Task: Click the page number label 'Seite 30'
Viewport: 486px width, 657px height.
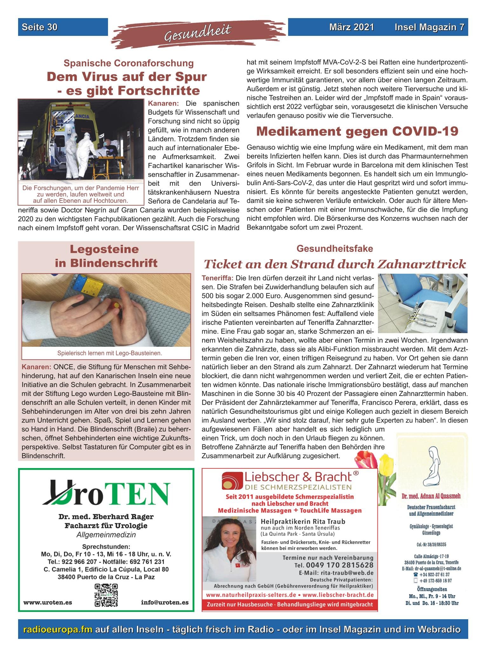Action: point(40,27)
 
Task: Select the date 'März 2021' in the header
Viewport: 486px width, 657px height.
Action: point(352,27)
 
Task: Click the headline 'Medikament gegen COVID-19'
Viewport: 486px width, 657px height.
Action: point(357,131)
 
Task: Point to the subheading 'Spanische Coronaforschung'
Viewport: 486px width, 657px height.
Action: point(129,63)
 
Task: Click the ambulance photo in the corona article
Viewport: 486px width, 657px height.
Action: point(81,140)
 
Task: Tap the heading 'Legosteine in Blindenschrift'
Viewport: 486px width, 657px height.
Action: point(106,256)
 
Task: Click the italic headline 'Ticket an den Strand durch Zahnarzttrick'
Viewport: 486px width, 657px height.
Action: point(335,264)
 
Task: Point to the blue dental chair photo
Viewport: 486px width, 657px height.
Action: point(422,303)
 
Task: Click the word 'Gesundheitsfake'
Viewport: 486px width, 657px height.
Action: point(335,249)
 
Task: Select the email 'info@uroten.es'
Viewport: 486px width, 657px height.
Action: point(165,602)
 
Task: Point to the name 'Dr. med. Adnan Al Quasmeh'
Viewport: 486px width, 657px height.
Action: point(431,496)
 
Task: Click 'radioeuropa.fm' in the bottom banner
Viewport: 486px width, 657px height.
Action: point(58,629)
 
